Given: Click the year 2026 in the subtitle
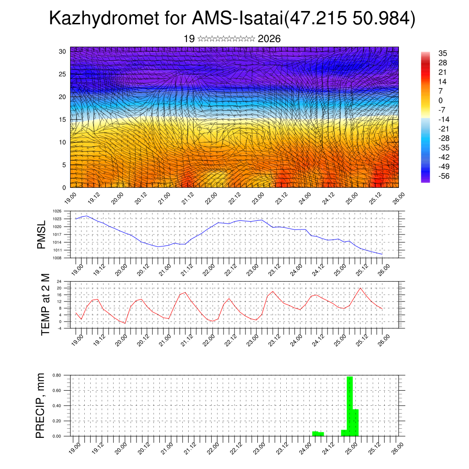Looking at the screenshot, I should (x=269, y=39).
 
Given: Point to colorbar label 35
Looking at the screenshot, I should (x=442, y=53).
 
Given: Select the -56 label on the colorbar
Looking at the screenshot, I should (x=444, y=176).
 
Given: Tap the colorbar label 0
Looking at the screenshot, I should (x=441, y=100).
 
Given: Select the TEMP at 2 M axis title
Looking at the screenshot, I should (x=45, y=304).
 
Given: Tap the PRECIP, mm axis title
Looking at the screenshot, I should (x=41, y=405).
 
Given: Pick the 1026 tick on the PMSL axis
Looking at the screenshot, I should (x=57, y=211).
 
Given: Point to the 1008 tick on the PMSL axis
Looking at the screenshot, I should (x=57, y=258).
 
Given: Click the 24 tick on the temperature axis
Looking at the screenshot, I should (x=59, y=281).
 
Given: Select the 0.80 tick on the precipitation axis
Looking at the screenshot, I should (x=56, y=375).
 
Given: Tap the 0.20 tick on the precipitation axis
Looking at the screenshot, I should (x=56, y=420).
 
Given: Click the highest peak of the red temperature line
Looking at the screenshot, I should (x=360, y=288).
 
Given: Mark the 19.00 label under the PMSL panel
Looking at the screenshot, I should (x=77, y=266).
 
